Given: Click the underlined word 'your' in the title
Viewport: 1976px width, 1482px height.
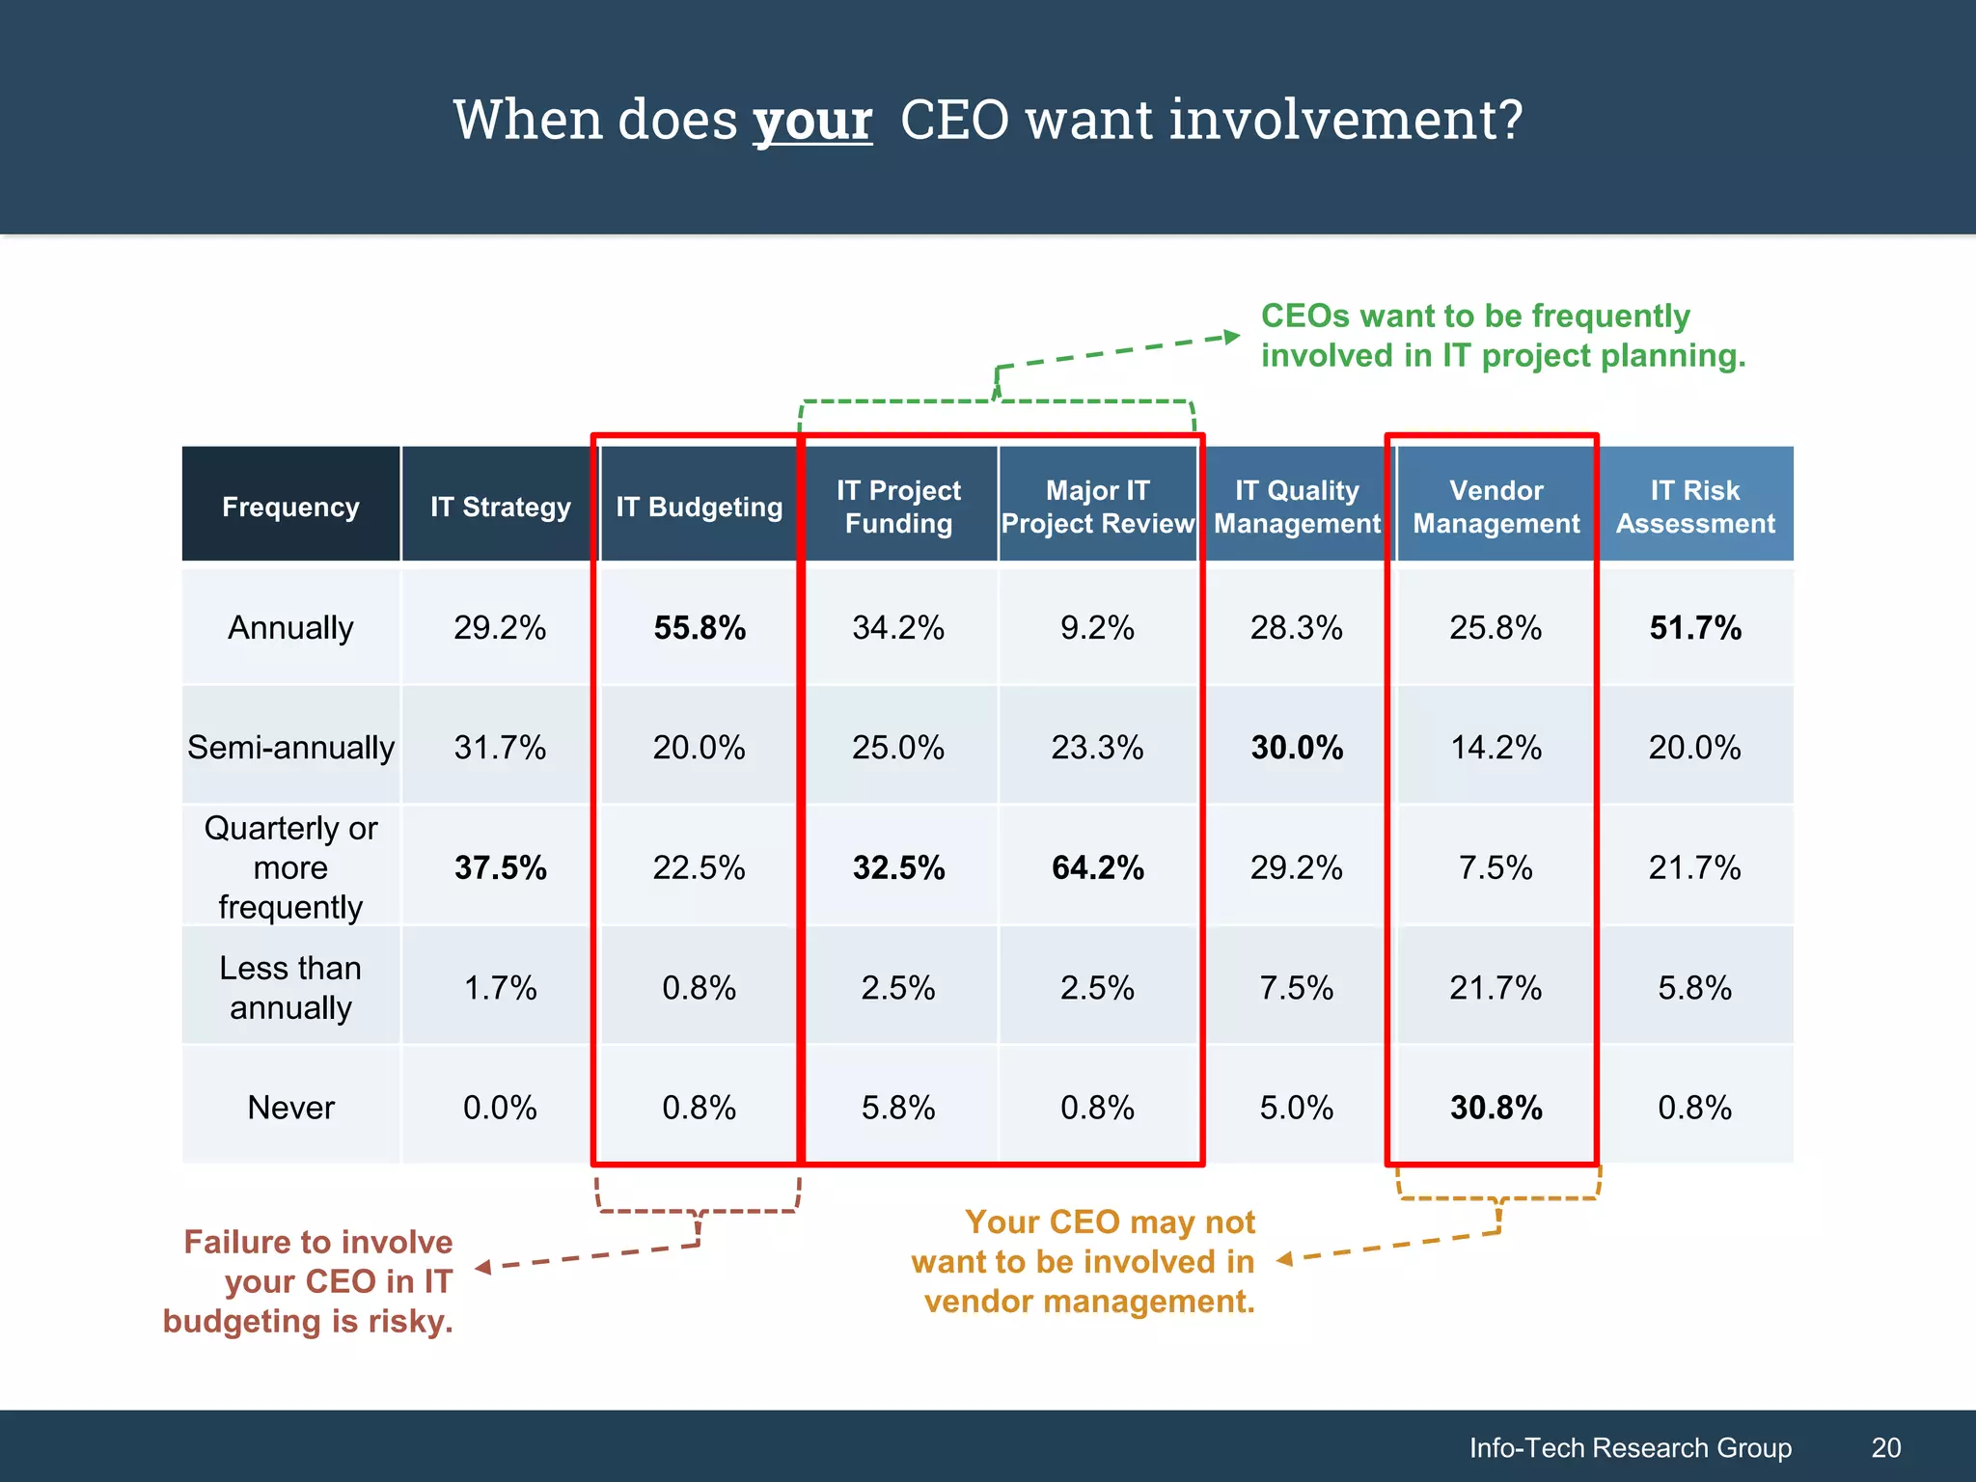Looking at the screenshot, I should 812,122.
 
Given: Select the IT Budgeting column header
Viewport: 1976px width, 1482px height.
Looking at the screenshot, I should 699,507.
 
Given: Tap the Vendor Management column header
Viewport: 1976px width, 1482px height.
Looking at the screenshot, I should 1496,507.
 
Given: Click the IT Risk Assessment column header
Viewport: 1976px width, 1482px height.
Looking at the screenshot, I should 1695,507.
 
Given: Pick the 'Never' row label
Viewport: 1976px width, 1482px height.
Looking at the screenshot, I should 290,1107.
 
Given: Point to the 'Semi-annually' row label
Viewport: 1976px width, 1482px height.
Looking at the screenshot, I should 290,747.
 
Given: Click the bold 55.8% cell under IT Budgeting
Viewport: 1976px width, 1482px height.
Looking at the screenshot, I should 700,628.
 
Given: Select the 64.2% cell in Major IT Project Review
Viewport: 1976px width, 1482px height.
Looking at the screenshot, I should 1097,867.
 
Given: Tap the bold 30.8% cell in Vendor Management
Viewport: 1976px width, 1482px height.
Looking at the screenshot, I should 1496,1108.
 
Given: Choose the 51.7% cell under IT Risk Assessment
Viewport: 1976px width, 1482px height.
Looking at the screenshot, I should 1695,628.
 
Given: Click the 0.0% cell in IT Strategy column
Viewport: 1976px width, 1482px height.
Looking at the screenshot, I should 500,1107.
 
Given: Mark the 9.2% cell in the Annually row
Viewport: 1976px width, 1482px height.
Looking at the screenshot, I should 1097,628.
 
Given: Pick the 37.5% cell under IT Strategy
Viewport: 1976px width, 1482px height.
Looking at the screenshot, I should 500,867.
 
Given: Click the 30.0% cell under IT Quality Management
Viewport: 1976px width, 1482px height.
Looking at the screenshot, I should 1297,748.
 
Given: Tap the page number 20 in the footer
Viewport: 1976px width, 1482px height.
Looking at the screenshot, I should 1885,1447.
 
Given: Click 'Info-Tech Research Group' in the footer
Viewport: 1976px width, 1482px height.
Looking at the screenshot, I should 1630,1447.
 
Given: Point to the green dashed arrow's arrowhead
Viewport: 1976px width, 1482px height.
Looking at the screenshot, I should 1231,337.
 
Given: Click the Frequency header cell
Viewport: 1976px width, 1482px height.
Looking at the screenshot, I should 290,507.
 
